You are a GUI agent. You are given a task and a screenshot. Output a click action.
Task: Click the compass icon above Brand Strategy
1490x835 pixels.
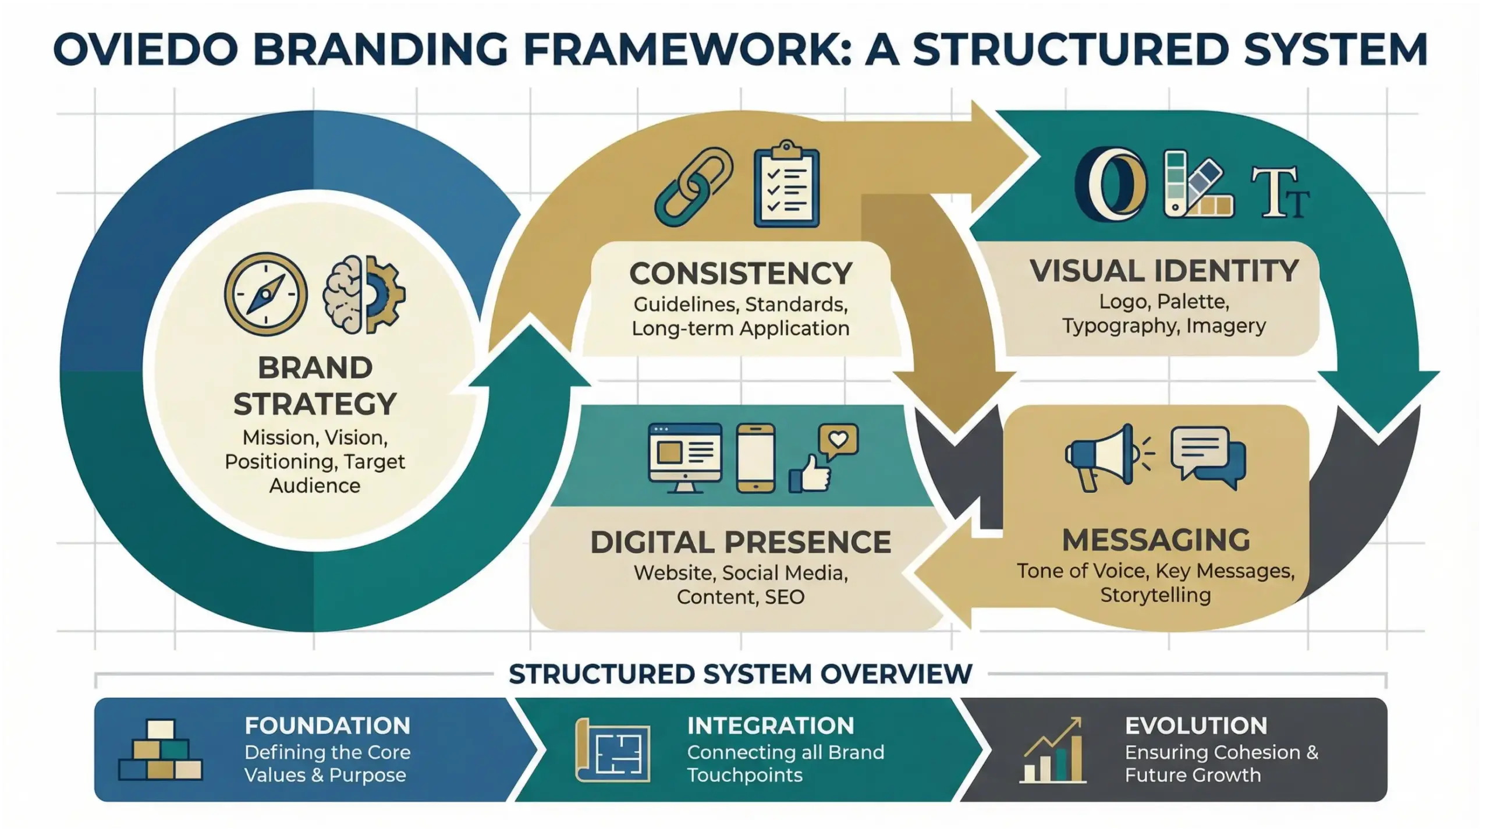click(x=265, y=294)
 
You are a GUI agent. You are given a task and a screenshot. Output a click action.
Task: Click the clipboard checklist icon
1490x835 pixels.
click(x=786, y=186)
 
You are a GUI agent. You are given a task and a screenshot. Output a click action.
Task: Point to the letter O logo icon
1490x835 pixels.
click(x=1111, y=185)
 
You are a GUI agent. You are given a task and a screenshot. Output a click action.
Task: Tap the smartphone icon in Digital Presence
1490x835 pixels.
click(x=755, y=458)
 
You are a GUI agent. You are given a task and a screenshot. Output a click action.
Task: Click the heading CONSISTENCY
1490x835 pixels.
click(x=740, y=274)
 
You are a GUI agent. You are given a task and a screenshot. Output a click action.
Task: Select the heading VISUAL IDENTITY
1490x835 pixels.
click(x=1164, y=271)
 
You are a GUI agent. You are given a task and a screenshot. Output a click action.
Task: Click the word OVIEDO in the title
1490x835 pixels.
click(x=146, y=49)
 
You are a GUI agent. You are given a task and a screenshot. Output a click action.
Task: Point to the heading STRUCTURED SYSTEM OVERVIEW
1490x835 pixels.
click(x=740, y=674)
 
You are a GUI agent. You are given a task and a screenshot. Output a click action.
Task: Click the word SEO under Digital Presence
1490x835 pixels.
click(x=785, y=597)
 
